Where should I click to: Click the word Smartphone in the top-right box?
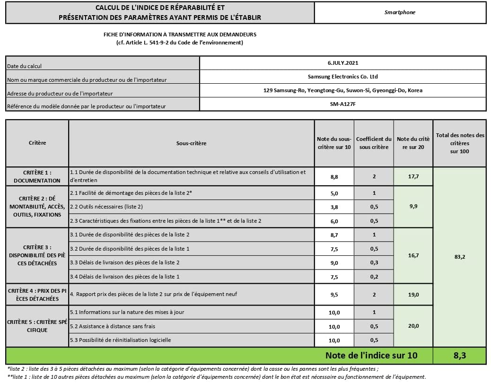tap(400, 12)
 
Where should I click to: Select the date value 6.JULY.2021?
tap(343, 63)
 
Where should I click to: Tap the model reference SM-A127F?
tap(343, 104)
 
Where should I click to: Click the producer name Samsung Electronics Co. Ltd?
tap(343, 77)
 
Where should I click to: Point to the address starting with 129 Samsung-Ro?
tap(343, 90)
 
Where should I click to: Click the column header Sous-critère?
tap(191, 143)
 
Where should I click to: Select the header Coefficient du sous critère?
tap(374, 143)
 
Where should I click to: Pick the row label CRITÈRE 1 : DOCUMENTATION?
tap(37, 176)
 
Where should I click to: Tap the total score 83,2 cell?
tap(459, 257)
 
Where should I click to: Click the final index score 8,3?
tap(459, 356)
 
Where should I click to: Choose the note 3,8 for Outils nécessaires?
tap(334, 207)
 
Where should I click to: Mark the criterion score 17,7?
tap(413, 176)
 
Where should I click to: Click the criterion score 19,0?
tap(413, 294)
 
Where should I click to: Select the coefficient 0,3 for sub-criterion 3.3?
tap(374, 262)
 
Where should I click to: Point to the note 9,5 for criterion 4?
tap(334, 294)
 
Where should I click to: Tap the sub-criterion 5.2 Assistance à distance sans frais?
tap(113, 326)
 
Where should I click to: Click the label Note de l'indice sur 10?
tap(371, 356)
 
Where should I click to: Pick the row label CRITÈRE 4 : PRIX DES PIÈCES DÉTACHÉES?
tap(37, 295)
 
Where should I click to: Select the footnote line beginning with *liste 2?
tap(193, 369)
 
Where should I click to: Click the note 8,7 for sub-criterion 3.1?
tap(334, 235)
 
